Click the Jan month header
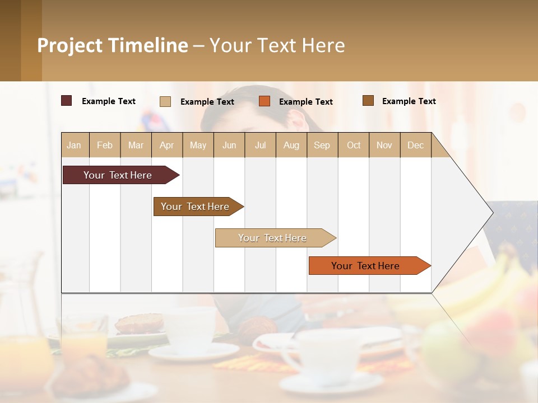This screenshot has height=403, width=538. pyautogui.click(x=74, y=145)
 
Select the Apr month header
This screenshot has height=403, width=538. pyautogui.click(x=166, y=145)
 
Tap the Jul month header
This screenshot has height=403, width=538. pyautogui.click(x=260, y=145)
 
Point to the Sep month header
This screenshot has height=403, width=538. pyautogui.click(x=322, y=145)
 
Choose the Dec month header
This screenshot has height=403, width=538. pyautogui.click(x=415, y=145)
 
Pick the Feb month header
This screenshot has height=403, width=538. pyautogui.click(x=105, y=145)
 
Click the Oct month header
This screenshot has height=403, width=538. pyautogui.click(x=354, y=145)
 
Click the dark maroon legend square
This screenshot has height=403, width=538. pyautogui.click(x=66, y=101)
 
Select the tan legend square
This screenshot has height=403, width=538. pyautogui.click(x=165, y=101)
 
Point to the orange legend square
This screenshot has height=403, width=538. pyautogui.click(x=265, y=101)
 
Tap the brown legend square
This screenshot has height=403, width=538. pyautogui.click(x=368, y=101)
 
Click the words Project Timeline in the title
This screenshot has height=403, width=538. pyautogui.click(x=113, y=45)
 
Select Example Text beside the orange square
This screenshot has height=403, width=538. pyautogui.click(x=306, y=102)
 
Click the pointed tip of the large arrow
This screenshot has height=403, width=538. pyautogui.click(x=491, y=213)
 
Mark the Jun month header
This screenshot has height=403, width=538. pyautogui.click(x=229, y=145)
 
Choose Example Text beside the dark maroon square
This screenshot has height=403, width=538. pyautogui.click(x=109, y=101)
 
